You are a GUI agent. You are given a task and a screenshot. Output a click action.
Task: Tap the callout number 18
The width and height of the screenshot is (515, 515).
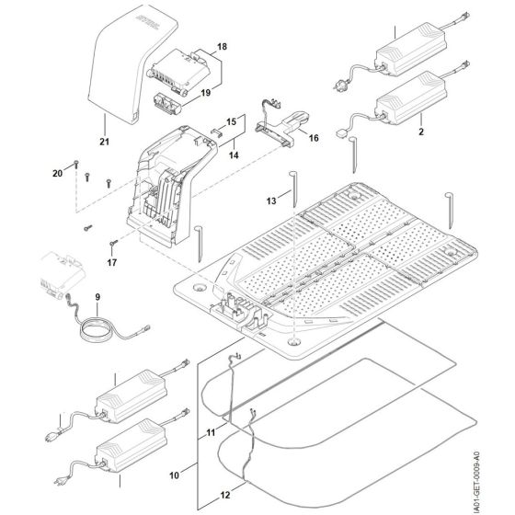[x=221, y=46]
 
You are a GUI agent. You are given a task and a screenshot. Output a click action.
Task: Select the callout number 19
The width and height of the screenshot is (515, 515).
[x=206, y=92]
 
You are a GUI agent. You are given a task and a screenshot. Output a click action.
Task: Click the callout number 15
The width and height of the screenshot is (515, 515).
[x=231, y=121]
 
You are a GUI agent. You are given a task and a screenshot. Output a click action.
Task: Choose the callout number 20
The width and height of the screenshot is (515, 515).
[x=56, y=173]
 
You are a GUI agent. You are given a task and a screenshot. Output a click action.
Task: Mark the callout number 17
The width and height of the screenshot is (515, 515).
[x=112, y=261]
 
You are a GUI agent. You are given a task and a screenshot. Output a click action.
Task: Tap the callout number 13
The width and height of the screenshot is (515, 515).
[x=271, y=200]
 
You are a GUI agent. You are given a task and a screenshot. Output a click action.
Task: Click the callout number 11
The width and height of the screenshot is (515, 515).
[x=211, y=429]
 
